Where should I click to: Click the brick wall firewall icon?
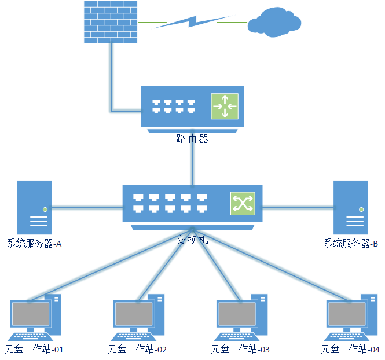[110, 22]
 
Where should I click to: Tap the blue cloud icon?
[274, 22]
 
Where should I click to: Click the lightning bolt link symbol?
[191, 21]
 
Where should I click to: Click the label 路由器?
[192, 139]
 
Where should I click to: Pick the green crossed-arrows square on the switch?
[243, 203]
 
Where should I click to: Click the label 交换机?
[192, 239]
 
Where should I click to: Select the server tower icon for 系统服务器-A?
[34, 207]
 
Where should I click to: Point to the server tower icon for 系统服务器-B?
[350, 207]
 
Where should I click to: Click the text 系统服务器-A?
[34, 244]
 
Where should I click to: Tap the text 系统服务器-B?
[350, 244]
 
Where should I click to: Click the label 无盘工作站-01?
[34, 350]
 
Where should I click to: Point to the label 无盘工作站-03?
[240, 350]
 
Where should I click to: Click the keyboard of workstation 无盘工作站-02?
[133, 336]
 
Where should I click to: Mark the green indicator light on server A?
[45, 209]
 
